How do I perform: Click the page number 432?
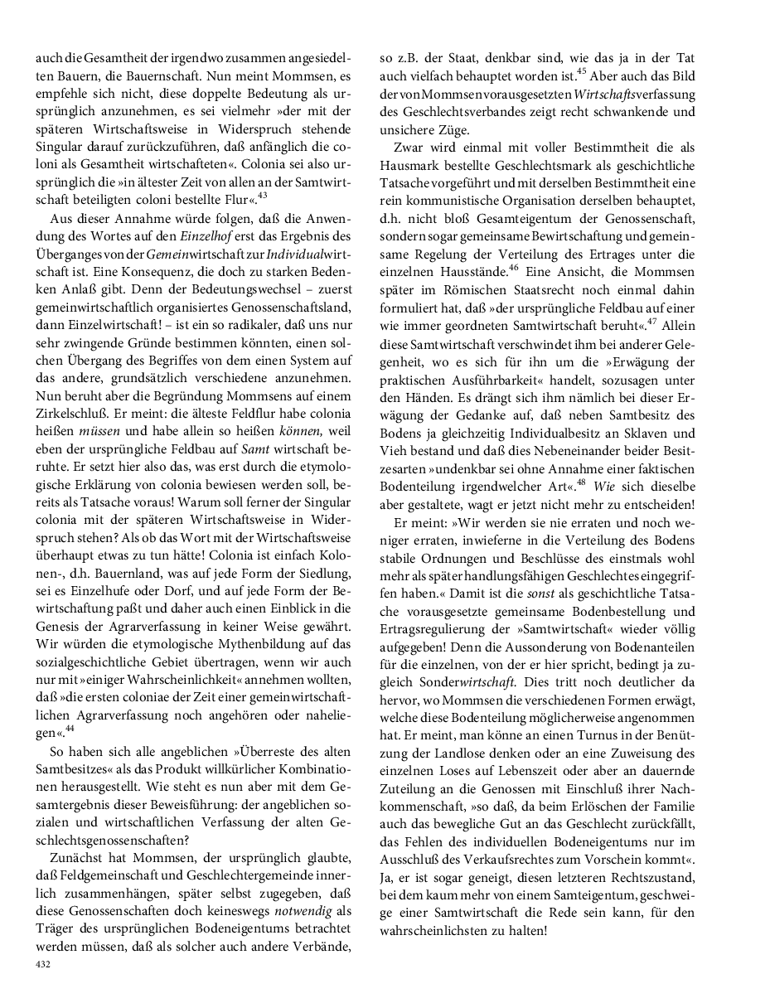[43, 965]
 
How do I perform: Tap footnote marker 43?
[263, 195]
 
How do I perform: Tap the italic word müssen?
[99, 432]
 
